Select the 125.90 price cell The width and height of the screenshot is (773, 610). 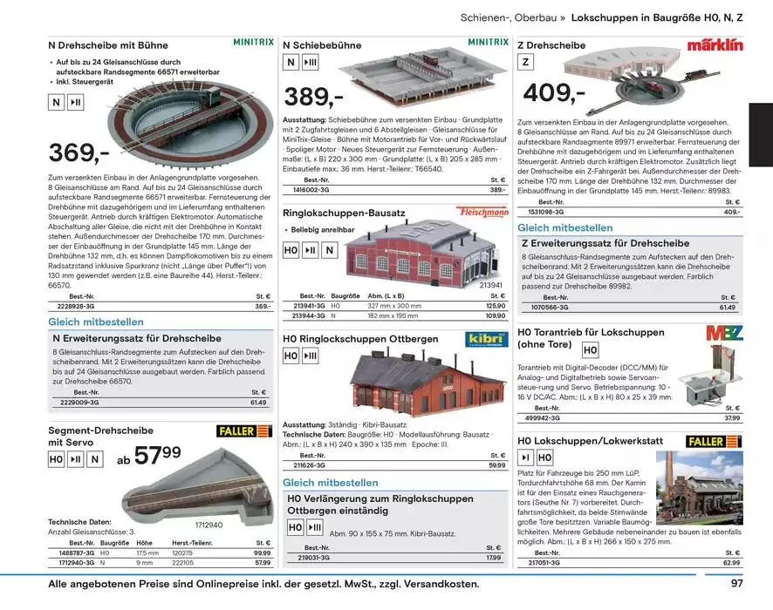tap(496, 306)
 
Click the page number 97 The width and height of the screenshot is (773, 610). tap(736, 584)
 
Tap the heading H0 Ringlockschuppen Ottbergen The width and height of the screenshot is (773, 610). tap(360, 338)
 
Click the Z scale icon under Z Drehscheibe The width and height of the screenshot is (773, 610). tap(526, 62)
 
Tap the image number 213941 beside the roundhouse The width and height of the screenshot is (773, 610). tap(491, 285)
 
